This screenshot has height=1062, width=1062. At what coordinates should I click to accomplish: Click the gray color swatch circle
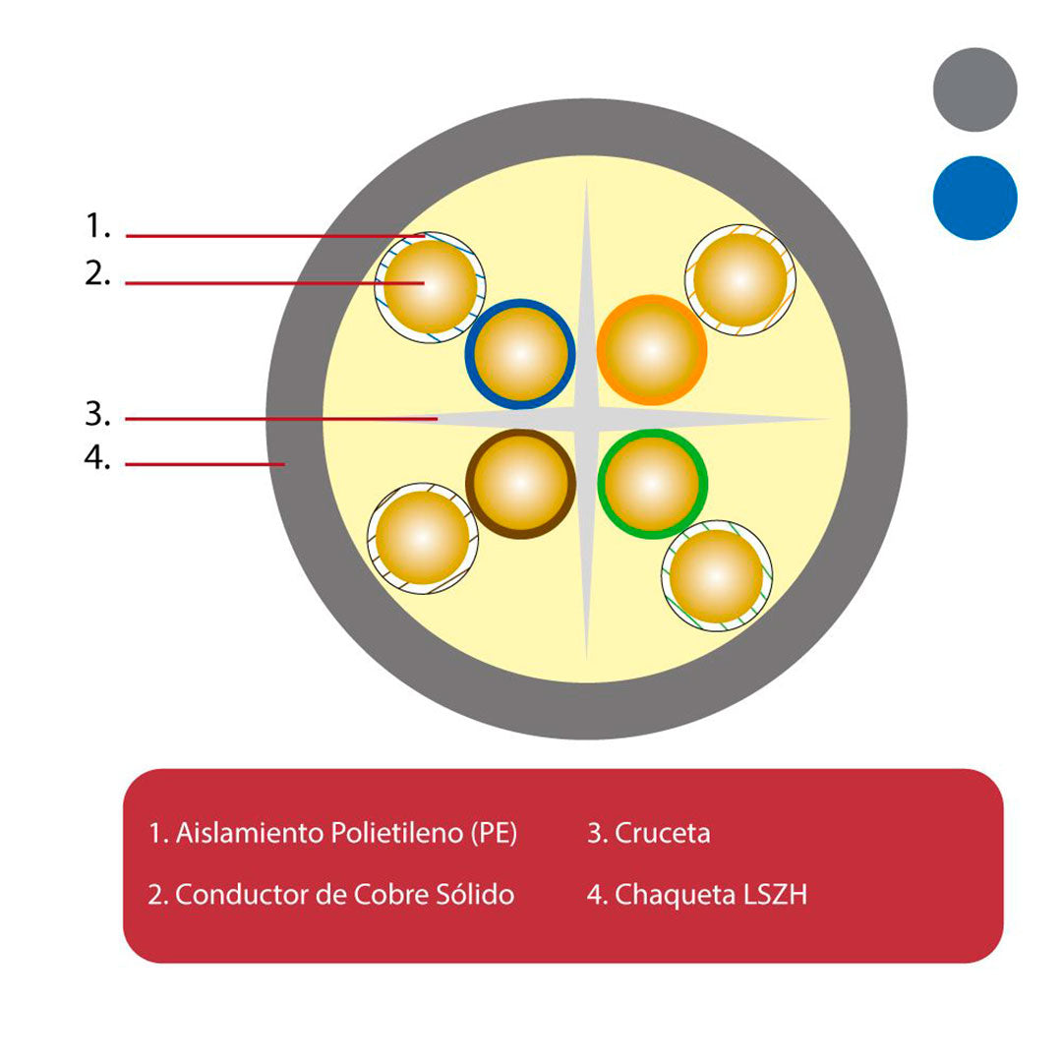[x=974, y=89]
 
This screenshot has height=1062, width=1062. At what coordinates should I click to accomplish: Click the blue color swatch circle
[x=974, y=198]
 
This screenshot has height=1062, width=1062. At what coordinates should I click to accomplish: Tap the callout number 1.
[x=97, y=225]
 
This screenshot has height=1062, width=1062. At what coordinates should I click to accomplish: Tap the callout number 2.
[x=97, y=273]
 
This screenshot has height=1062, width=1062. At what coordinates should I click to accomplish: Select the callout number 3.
[x=97, y=414]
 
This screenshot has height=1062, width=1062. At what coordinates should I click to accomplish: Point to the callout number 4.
[x=97, y=458]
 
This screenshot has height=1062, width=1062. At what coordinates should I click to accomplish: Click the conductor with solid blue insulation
[x=520, y=354]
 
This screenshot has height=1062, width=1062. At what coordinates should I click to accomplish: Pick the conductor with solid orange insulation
[x=652, y=350]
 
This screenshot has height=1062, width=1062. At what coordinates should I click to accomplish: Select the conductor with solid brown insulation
[x=520, y=484]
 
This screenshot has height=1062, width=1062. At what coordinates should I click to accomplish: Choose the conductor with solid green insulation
[x=652, y=484]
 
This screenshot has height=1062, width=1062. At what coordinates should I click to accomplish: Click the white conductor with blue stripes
[x=430, y=286]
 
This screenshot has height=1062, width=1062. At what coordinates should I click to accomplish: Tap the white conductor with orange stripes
[x=740, y=279]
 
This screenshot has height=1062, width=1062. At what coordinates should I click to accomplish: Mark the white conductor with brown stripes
[x=423, y=539]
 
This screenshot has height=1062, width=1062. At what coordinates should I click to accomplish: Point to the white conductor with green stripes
[x=717, y=575]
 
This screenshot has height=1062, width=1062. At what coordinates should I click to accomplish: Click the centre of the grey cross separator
[x=586, y=419]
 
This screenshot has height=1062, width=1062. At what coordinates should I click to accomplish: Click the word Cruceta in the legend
[x=662, y=833]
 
